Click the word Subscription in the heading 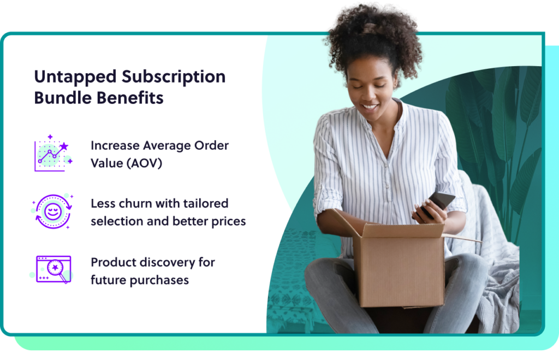[174, 77]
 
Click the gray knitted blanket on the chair [491, 257]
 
